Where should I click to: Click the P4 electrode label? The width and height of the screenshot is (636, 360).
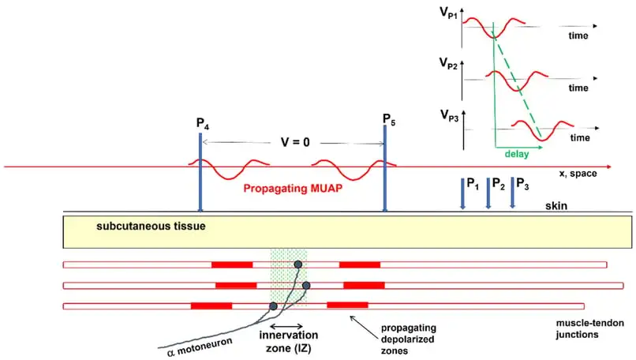[x=202, y=124]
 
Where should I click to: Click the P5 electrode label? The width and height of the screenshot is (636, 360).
[x=388, y=119]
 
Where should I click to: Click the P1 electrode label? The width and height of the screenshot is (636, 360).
[x=473, y=184]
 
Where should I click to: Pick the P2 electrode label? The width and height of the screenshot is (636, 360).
[x=498, y=184]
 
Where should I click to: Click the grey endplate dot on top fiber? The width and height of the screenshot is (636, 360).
[x=298, y=265]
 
